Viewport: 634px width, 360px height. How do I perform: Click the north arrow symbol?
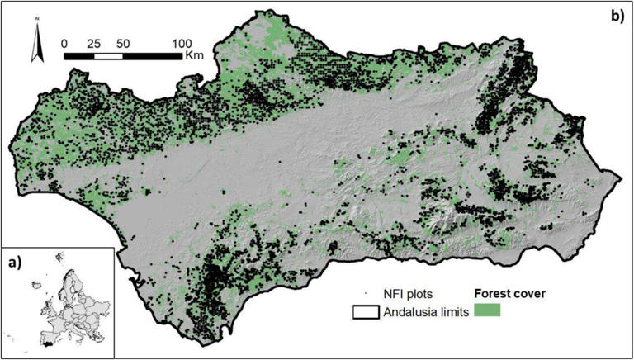point(36,48)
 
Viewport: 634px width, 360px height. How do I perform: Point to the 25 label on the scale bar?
point(93,42)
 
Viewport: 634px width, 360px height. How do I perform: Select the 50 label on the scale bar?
point(123,42)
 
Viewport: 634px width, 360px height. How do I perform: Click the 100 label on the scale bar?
point(182,42)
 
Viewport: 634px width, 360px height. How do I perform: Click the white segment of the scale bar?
point(108,56)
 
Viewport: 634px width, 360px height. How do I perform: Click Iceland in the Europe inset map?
point(35,285)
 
